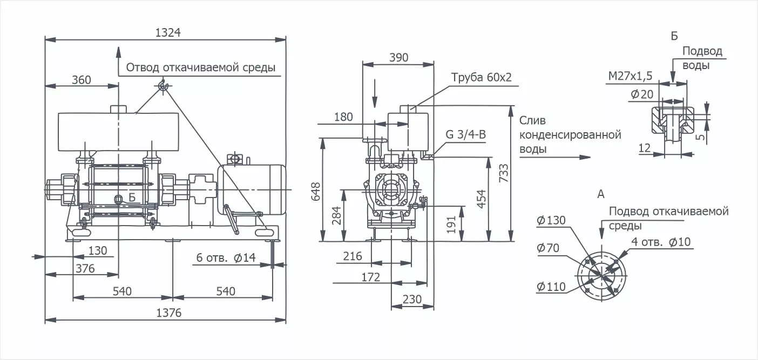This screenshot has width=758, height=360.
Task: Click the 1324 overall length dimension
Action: (168, 32)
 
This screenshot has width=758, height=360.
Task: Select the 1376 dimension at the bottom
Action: (169, 313)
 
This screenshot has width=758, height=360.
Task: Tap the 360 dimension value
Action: (82, 80)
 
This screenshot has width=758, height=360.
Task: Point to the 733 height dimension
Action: (504, 173)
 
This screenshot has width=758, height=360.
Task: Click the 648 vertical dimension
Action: (315, 192)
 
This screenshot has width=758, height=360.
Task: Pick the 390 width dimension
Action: (398, 58)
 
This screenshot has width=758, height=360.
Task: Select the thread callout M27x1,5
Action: (630, 76)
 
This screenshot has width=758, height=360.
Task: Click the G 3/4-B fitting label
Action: (465, 134)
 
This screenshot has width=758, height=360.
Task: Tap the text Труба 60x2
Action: (481, 78)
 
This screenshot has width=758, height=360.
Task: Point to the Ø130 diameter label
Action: (551, 220)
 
